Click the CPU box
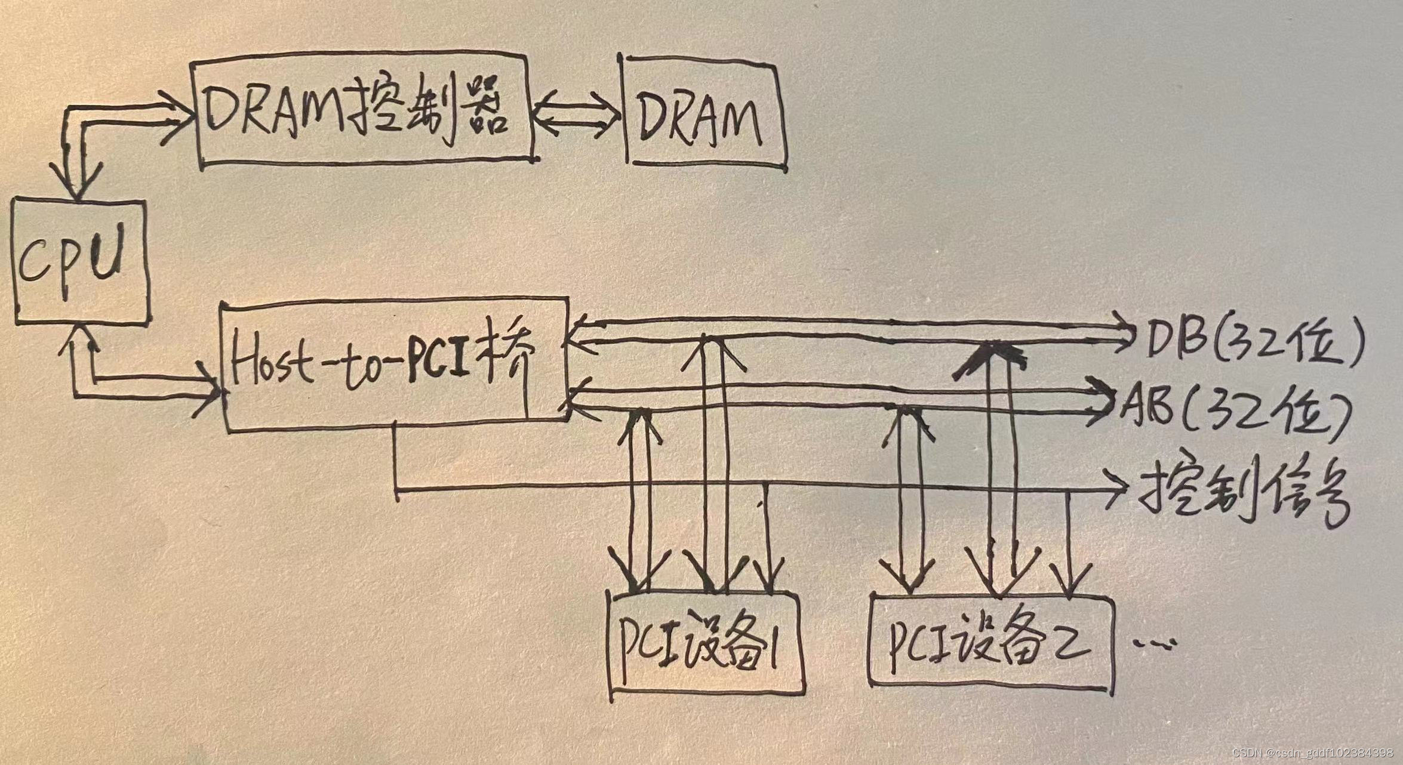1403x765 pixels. [81, 263]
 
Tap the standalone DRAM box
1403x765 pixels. [701, 116]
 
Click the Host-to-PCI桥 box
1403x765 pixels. [394, 364]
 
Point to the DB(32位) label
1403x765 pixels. [1254, 346]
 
